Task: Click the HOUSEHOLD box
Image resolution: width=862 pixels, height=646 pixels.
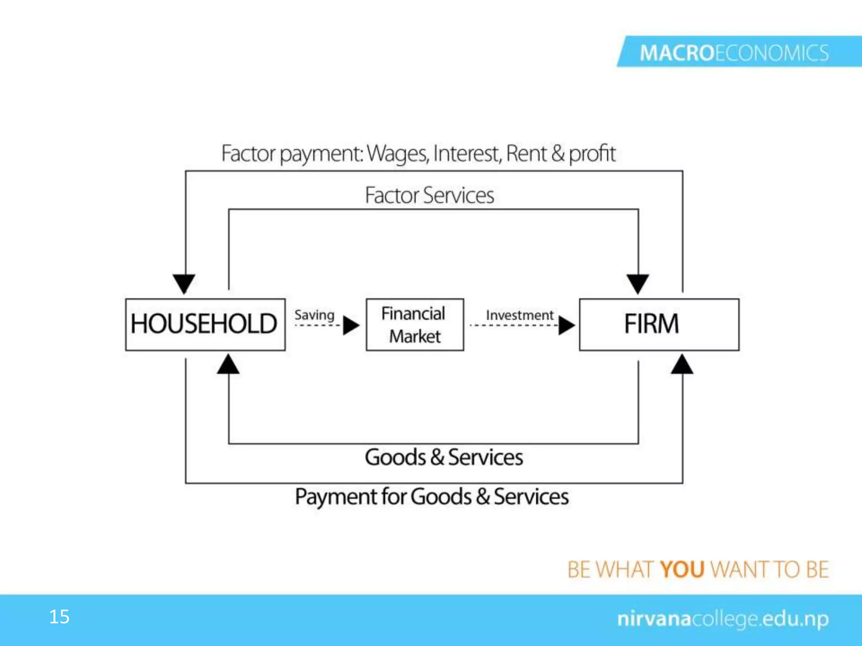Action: point(205,324)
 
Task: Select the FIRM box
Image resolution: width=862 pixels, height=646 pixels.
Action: point(659,324)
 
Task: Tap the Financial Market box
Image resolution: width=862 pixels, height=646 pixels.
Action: point(415,324)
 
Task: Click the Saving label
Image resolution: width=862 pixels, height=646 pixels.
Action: point(314,315)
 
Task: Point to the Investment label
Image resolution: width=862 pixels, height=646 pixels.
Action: point(519,315)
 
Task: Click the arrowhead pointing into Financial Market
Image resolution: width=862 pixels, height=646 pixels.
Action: point(351,325)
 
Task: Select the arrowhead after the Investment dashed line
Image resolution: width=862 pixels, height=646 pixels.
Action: point(566,325)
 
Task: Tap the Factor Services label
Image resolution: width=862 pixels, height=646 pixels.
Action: point(429,195)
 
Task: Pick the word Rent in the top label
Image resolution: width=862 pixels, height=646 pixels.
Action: point(526,153)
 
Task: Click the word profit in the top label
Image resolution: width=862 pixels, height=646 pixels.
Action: point(592,154)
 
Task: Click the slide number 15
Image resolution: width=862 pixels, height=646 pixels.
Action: point(59,617)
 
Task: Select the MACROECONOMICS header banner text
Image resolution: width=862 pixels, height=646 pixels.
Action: point(734,53)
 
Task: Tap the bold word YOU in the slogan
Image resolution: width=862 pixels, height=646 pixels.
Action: point(682,569)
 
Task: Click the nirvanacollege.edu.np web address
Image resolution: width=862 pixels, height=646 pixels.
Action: point(723,619)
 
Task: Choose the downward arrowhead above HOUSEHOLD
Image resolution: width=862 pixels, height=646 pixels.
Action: point(184,283)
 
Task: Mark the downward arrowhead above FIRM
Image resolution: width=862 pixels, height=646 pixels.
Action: point(638,283)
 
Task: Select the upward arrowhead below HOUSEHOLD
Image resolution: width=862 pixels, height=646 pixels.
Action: point(228,364)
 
